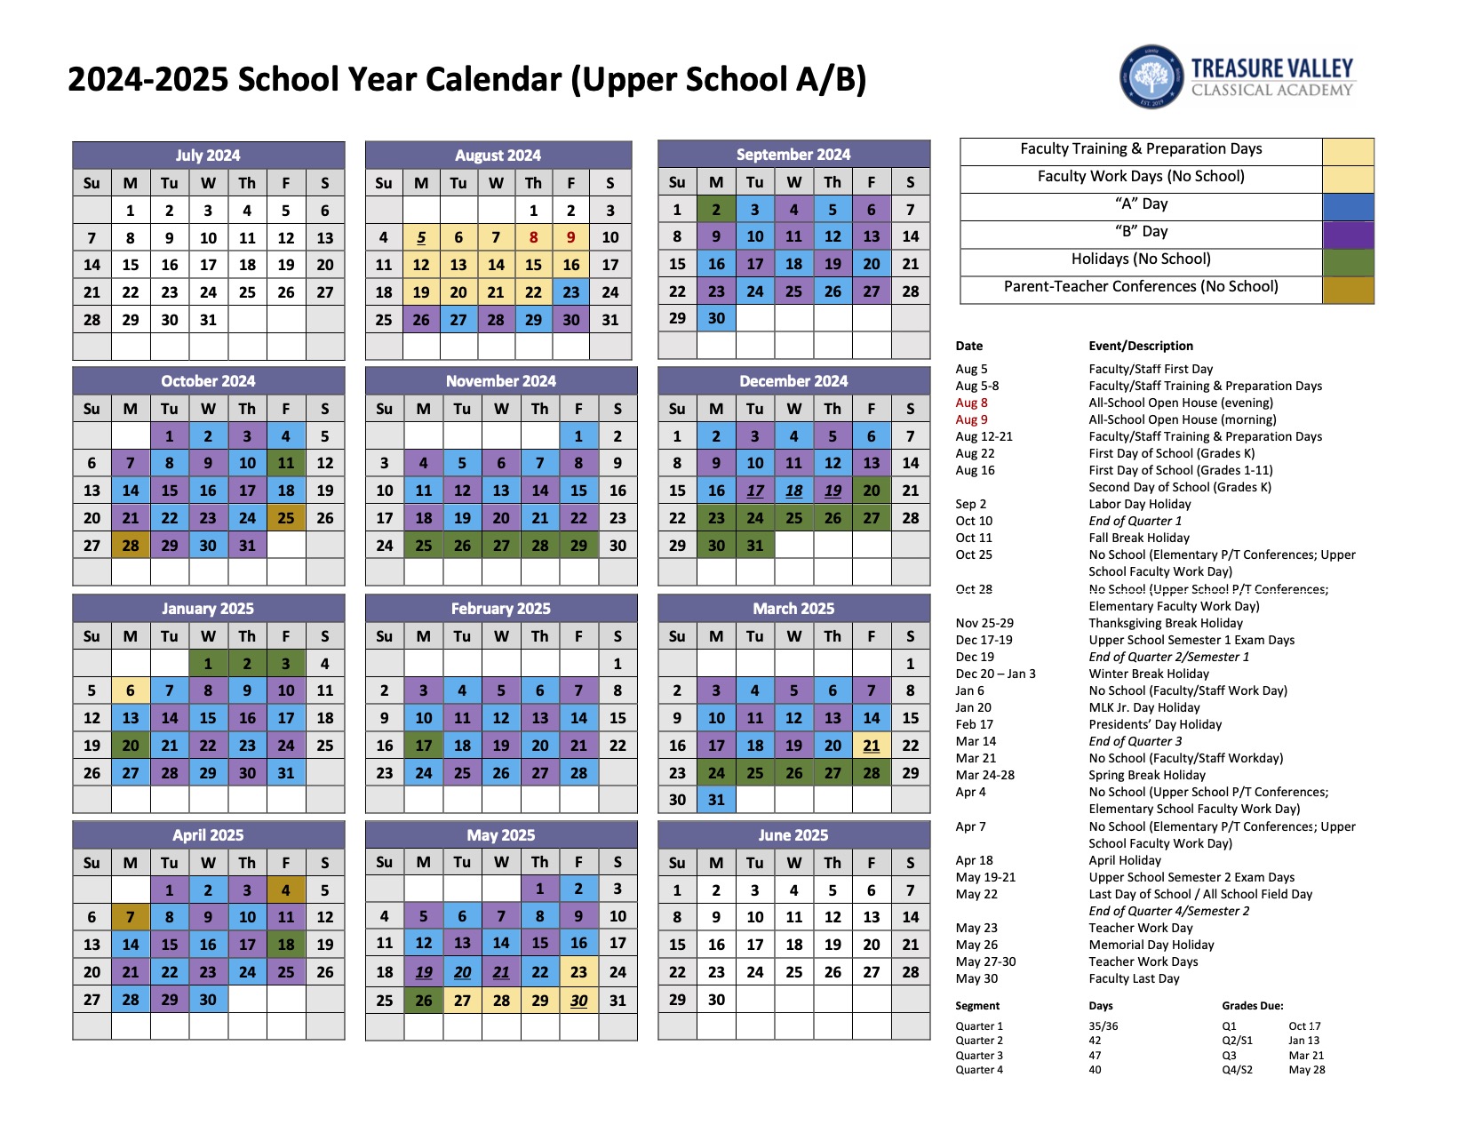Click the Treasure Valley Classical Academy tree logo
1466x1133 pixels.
pos(1151,78)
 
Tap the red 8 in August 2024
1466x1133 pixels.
pos(533,237)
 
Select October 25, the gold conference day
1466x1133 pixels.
pos(286,518)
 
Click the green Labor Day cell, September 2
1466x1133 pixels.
pos(716,210)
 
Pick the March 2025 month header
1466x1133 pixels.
pos(793,609)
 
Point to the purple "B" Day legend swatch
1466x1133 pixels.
pos(1348,235)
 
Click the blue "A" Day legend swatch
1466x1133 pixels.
pos(1348,207)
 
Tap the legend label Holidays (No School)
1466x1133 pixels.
pos(1141,259)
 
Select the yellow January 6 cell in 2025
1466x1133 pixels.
pos(131,690)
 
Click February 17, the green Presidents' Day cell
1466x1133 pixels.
pos(424,746)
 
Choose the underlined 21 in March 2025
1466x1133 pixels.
pos(872,746)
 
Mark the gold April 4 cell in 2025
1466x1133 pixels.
pos(286,890)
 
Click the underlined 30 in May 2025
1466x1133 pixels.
pos(579,1000)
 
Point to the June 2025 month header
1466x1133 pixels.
pos(793,835)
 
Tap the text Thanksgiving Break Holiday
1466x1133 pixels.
pos(1166,623)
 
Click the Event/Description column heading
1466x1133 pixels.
pos(1141,346)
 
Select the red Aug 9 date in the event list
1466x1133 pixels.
pos(971,419)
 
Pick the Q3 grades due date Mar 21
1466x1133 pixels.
pos(1306,1056)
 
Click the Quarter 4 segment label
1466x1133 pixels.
pos(979,1070)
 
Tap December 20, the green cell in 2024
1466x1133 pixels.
pos(872,491)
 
